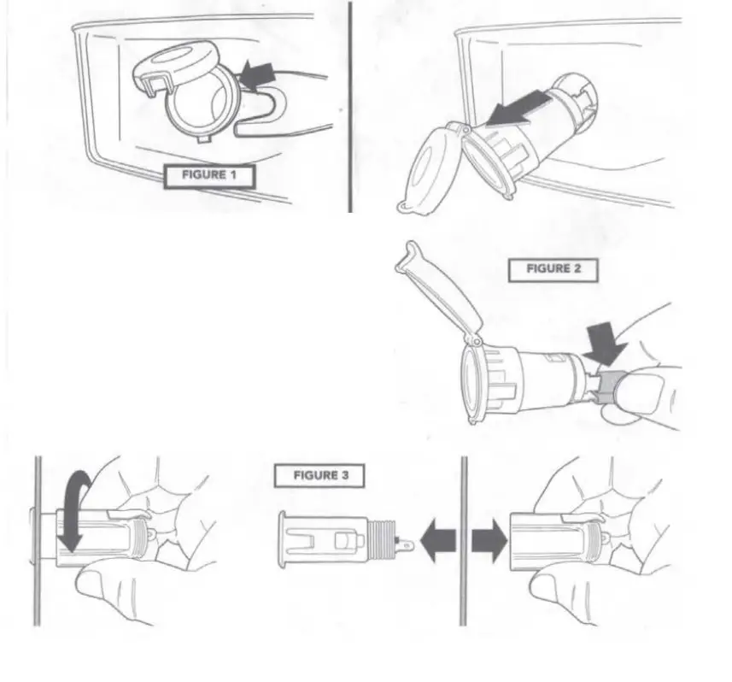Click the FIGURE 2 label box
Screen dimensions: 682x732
coord(553,268)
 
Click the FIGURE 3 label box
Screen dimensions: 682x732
coord(319,476)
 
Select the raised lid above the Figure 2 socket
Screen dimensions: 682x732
coord(441,286)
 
